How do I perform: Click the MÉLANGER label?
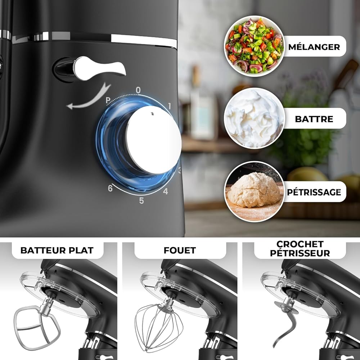tap(314, 46)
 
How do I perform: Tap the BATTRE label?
tap(314, 119)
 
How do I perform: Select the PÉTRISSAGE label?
tap(314, 192)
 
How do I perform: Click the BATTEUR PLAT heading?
tap(57, 250)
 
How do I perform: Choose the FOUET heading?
tap(180, 250)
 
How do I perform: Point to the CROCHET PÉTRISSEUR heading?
tap(300, 249)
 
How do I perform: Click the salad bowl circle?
tap(254, 46)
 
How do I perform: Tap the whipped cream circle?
tap(254, 118)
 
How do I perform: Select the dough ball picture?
tap(254, 192)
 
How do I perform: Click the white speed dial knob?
tap(153, 140)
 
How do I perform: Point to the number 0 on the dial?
tap(138, 90)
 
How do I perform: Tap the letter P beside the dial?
tap(108, 100)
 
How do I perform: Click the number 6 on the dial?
tap(110, 188)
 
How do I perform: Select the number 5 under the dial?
tap(141, 201)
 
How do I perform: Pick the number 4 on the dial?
tap(166, 191)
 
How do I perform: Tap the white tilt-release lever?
tap(99, 68)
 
